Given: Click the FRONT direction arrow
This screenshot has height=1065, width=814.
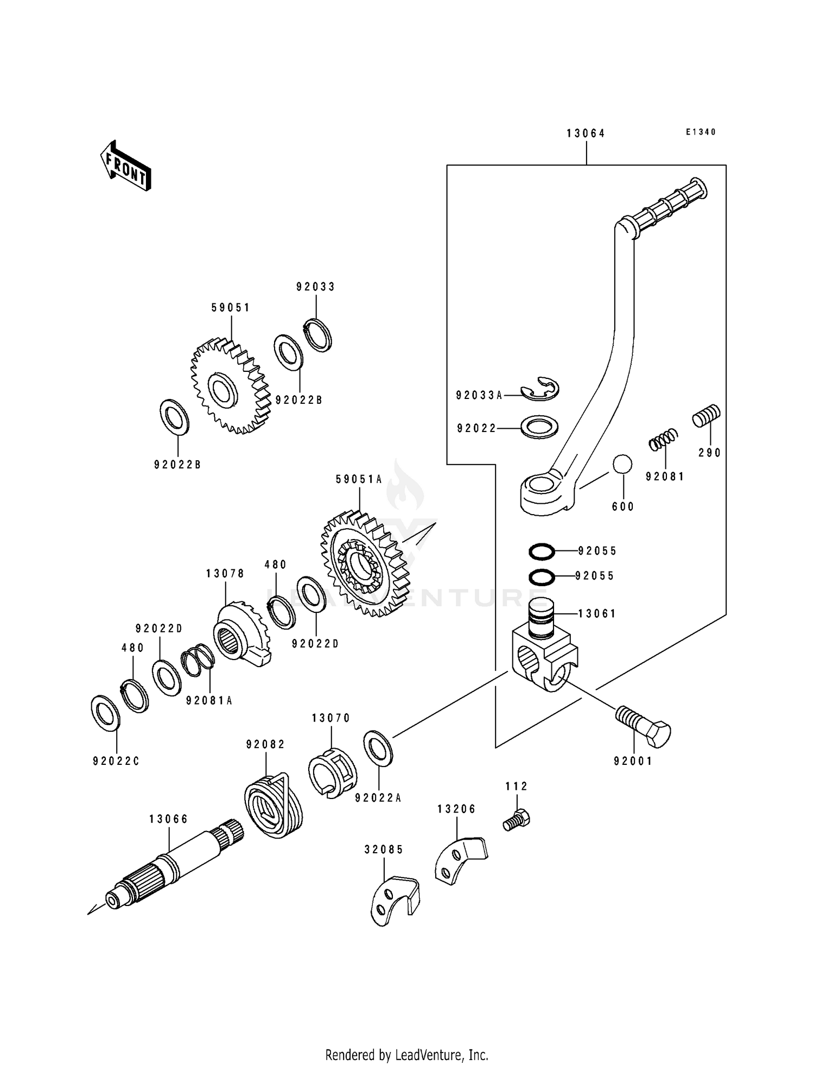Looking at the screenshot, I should coord(125,166).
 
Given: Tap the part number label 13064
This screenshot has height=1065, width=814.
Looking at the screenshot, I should coord(586,134).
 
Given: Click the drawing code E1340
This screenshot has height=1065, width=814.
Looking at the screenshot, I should coord(701,132).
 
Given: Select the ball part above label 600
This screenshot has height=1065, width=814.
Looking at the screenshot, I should coord(622,465).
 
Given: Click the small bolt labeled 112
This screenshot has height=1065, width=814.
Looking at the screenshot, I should coord(517,820).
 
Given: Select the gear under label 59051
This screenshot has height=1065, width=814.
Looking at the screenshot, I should coord(231,386).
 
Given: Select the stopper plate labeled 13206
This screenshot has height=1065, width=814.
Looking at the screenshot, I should coord(460,860).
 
